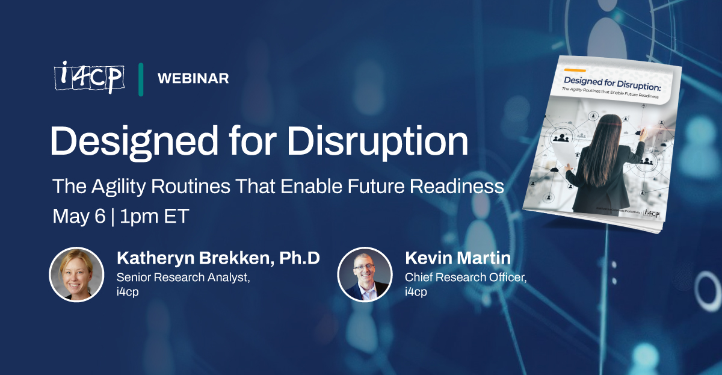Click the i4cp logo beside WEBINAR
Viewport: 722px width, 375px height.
click(x=88, y=77)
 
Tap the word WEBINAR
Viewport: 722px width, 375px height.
click(x=193, y=78)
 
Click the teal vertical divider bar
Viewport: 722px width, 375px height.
click(x=141, y=78)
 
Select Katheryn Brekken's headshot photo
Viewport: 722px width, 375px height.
click(x=76, y=274)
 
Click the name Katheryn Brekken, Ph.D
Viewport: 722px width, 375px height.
click(x=218, y=258)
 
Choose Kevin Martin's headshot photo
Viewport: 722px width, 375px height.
click(x=365, y=274)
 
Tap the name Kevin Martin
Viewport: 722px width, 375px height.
click(x=457, y=258)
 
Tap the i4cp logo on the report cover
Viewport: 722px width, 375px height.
click(x=651, y=212)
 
